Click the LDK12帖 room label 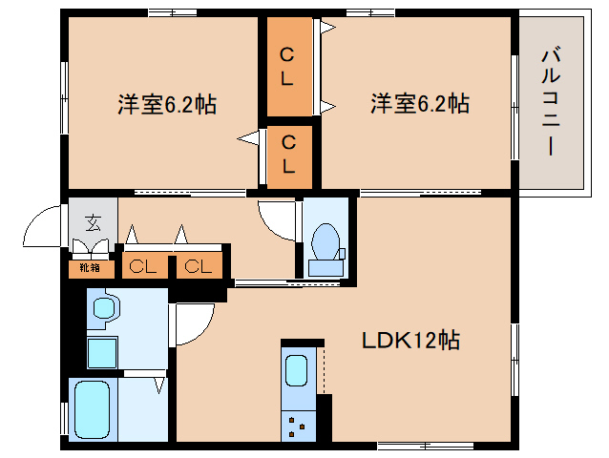pyautogui.click(x=410, y=341)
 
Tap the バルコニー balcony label pyautogui.click(x=551, y=102)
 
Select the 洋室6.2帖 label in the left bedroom pyautogui.click(x=167, y=104)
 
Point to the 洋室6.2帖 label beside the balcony pyautogui.click(x=420, y=104)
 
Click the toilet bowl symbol pyautogui.click(x=325, y=241)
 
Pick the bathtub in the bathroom pyautogui.click(x=92, y=409)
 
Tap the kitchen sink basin pyautogui.click(x=296, y=371)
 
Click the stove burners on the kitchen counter pyautogui.click(x=297, y=427)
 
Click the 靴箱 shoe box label pyautogui.click(x=90, y=267)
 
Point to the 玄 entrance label pyautogui.click(x=94, y=222)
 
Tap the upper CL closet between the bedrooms pyautogui.click(x=287, y=67)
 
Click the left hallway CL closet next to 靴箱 pyautogui.click(x=142, y=266)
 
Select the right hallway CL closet pyautogui.click(x=199, y=266)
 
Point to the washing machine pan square pyautogui.click(x=102, y=352)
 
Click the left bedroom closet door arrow pyautogui.click(x=248, y=138)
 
